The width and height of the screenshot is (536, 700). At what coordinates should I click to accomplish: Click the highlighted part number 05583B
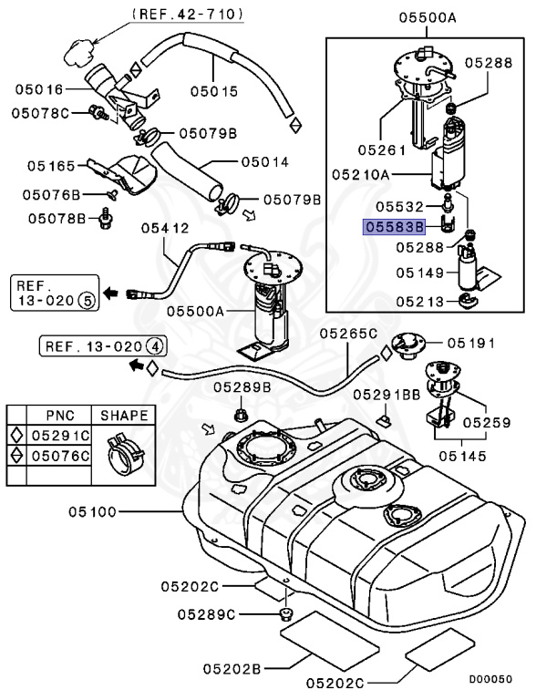tap(394, 227)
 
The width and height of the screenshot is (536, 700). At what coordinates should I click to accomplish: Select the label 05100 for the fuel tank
tap(92, 511)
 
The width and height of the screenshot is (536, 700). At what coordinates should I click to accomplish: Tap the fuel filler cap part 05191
tap(407, 345)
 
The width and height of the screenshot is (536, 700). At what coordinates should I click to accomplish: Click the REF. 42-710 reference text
tap(188, 14)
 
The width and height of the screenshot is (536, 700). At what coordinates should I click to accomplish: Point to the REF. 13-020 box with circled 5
tap(54, 293)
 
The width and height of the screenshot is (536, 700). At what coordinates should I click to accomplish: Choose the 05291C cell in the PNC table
tap(60, 436)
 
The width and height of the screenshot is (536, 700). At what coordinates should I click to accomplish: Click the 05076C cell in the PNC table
tap(60, 456)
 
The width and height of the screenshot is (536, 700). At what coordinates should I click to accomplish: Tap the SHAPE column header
tap(124, 416)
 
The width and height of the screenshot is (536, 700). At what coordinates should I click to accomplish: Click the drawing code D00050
tap(490, 679)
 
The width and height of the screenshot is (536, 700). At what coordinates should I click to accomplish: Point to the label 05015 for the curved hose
tap(214, 91)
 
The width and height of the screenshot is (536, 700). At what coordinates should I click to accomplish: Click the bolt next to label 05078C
tap(98, 112)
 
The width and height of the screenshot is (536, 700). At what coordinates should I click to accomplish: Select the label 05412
tap(165, 228)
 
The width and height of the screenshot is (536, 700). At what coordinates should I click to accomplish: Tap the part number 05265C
tap(348, 333)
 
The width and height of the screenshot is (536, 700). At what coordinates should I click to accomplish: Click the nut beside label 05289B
tap(240, 414)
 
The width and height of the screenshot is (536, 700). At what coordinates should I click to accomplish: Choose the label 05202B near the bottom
tap(232, 669)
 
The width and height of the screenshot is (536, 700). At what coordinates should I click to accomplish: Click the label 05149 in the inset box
tap(420, 273)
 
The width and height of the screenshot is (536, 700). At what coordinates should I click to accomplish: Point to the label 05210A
tap(360, 174)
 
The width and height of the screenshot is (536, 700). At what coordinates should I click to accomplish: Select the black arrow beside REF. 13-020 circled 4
tap(137, 365)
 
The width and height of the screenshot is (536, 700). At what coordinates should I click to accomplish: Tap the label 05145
tap(462, 456)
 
